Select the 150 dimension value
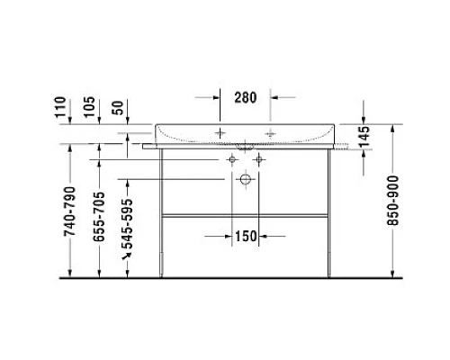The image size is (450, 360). point(246,236)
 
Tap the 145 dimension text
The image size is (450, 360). point(364,138)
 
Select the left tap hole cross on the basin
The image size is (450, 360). point(220,131)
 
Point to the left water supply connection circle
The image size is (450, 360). point(232,159)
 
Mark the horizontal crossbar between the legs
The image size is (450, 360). point(244,216)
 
